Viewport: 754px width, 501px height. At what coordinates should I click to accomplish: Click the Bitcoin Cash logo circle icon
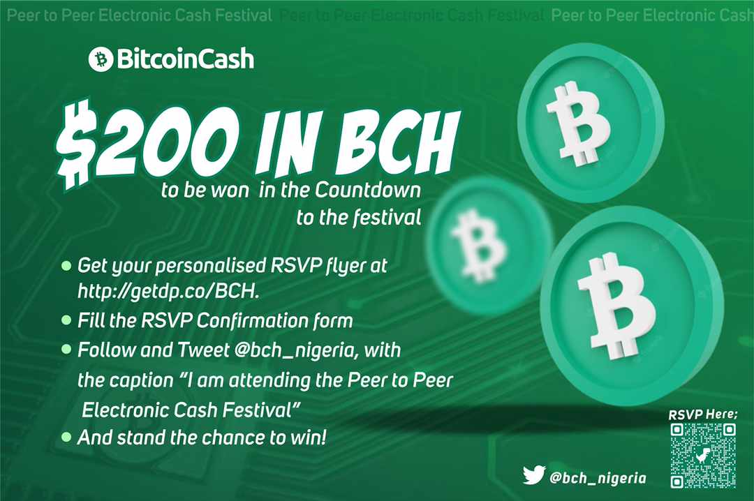tap(101, 59)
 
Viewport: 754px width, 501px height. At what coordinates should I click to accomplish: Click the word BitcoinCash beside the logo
tap(186, 59)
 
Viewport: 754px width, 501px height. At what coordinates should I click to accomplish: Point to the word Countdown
tap(368, 190)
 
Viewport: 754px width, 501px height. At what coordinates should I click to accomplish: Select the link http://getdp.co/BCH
tap(168, 292)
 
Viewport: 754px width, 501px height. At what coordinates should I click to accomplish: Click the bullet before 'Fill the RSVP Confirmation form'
tap(66, 320)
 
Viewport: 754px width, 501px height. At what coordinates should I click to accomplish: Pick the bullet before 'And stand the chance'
tap(66, 437)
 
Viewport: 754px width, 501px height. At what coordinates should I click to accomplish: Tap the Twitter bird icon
tap(534, 474)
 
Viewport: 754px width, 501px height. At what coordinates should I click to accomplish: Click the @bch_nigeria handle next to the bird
tap(598, 478)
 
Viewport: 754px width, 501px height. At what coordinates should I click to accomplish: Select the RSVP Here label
tap(702, 414)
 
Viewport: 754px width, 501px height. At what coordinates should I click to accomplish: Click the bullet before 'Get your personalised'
tap(66, 265)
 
